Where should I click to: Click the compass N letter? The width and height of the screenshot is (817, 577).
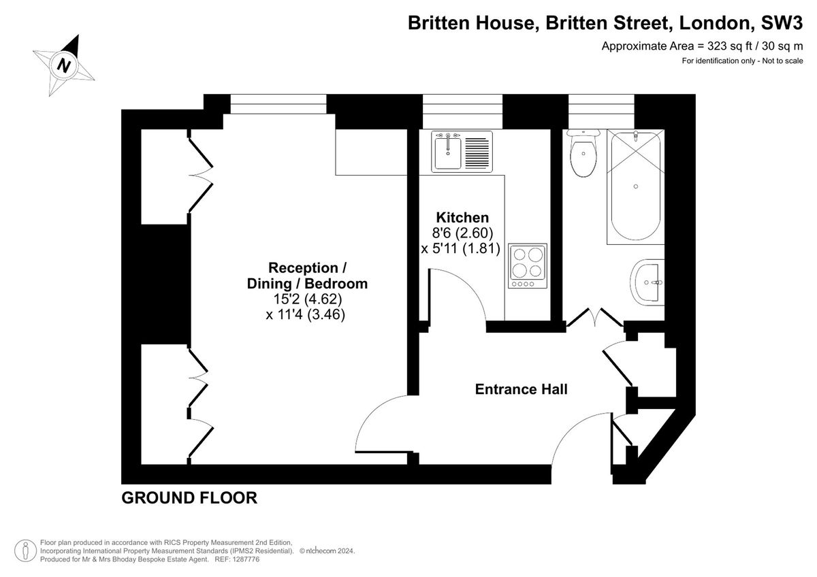[x=64, y=66]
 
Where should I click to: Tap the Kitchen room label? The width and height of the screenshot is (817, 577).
[x=462, y=218]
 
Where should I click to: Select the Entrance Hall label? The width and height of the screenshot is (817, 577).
[x=522, y=389]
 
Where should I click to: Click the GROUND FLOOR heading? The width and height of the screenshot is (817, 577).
[x=189, y=498]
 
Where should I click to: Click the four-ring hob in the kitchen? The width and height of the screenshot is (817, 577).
[x=528, y=266]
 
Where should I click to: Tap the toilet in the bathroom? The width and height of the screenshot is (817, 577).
[x=583, y=153]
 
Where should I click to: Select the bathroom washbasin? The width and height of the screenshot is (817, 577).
[x=647, y=282]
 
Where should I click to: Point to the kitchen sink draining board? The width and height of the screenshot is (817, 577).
[x=477, y=152]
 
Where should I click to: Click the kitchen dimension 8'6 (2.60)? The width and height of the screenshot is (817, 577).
[x=462, y=233]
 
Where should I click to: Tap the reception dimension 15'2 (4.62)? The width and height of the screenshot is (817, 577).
[x=308, y=299]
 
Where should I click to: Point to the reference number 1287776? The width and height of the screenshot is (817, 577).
[x=246, y=559]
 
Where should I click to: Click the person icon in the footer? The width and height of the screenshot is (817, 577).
[x=25, y=550]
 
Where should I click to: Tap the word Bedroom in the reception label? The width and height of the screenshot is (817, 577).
[x=336, y=284]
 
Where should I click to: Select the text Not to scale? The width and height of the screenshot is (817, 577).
[x=783, y=61]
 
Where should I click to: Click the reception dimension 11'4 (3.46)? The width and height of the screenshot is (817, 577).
[x=306, y=314]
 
